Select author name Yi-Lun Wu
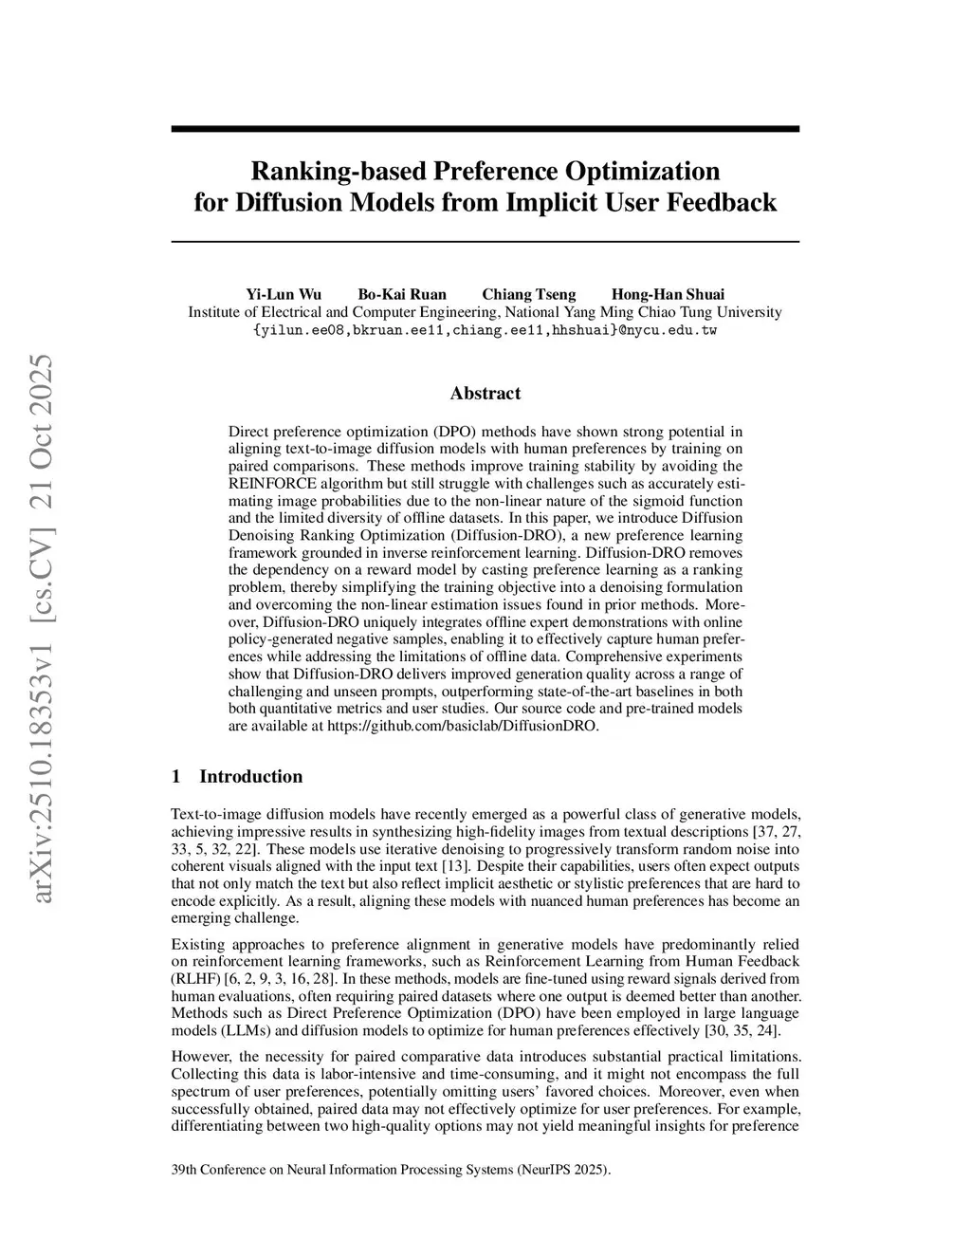[x=284, y=294]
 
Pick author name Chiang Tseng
[x=528, y=294]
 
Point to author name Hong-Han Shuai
[x=668, y=294]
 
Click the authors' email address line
[x=485, y=330]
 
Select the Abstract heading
[x=485, y=393]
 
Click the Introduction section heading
[x=250, y=776]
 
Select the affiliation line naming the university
[x=485, y=312]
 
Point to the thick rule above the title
[x=485, y=129]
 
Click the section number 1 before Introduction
[x=176, y=776]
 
